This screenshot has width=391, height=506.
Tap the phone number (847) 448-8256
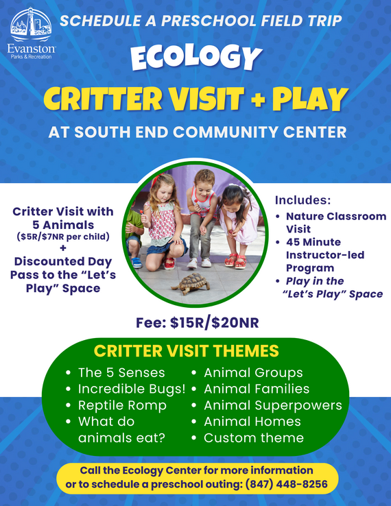[289, 484]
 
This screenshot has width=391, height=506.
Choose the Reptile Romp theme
[122, 405]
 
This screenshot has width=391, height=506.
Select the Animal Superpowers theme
[272, 405]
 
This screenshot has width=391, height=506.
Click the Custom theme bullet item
[253, 437]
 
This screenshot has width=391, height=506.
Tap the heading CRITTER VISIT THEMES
[187, 352]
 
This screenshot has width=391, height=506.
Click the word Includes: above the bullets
[303, 201]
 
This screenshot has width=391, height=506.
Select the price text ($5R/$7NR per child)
[63, 237]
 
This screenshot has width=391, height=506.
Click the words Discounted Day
[63, 262]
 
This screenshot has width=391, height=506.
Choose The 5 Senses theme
[121, 372]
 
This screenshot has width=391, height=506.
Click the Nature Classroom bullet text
[335, 216]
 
